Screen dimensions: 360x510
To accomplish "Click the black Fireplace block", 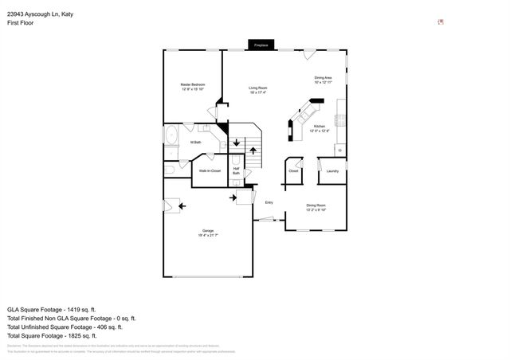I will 261,45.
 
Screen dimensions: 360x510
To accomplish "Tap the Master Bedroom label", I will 192,87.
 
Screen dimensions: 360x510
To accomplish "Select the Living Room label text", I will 257,90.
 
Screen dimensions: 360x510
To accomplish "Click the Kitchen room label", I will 319,128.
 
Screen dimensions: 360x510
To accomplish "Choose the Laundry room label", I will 332,170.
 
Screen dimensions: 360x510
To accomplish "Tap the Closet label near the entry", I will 293,170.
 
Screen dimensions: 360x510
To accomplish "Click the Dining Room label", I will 316,207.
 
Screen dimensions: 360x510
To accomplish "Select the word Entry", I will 269,202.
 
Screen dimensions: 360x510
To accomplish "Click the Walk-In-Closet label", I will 210,170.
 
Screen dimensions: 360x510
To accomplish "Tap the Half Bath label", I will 237,170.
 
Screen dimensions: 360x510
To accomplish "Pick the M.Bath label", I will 194,143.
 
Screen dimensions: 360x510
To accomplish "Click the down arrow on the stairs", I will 237,142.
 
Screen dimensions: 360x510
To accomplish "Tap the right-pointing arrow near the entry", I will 234,196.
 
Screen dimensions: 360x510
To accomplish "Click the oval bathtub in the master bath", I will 171,136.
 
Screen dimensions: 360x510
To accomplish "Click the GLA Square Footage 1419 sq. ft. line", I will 51,309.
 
